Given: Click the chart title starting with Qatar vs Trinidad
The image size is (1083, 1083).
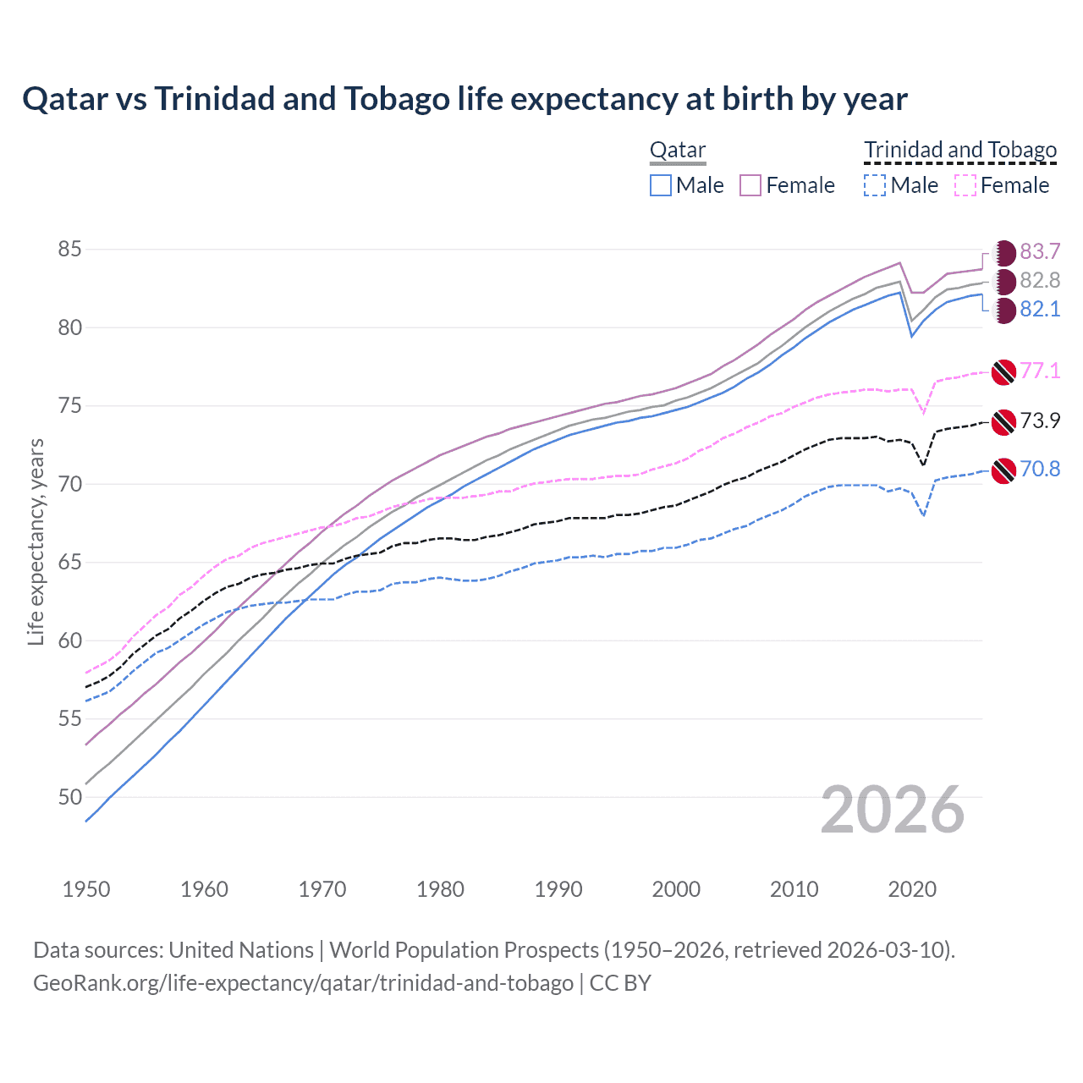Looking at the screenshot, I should coord(465,99).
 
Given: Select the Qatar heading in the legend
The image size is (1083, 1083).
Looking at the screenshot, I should coord(677,151).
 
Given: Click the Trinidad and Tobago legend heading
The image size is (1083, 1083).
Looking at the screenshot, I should coord(960,151).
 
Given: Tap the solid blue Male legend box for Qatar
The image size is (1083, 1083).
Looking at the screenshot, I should coord(661,185).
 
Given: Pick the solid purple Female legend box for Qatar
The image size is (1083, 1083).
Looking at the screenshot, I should coord(750,185).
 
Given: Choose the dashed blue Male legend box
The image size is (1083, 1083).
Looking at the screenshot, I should coord(875,185).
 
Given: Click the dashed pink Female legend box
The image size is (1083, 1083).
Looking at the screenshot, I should coord(965,185).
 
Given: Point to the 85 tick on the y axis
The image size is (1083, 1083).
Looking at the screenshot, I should coord(69,250).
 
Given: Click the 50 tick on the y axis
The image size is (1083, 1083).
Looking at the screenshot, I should coord(69,797).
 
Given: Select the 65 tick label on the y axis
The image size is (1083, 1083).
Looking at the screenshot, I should coord(69,563).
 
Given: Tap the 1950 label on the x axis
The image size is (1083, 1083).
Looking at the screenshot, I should coord(86,889).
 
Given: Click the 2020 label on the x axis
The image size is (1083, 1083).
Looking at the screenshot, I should coord(912,889).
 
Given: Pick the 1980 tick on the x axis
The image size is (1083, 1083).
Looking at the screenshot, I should coord(440,889).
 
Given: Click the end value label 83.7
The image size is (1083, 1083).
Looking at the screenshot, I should coord(1040,252).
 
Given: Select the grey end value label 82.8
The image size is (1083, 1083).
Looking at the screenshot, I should coord(1040,281).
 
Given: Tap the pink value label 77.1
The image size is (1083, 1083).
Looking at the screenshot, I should coord(1040,371).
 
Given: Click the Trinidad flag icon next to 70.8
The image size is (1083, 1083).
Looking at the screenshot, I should coord(1003,470).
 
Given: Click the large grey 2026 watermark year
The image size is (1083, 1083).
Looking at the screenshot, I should coord(893,811).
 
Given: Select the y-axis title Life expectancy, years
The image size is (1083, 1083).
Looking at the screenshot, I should coord(36,542).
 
